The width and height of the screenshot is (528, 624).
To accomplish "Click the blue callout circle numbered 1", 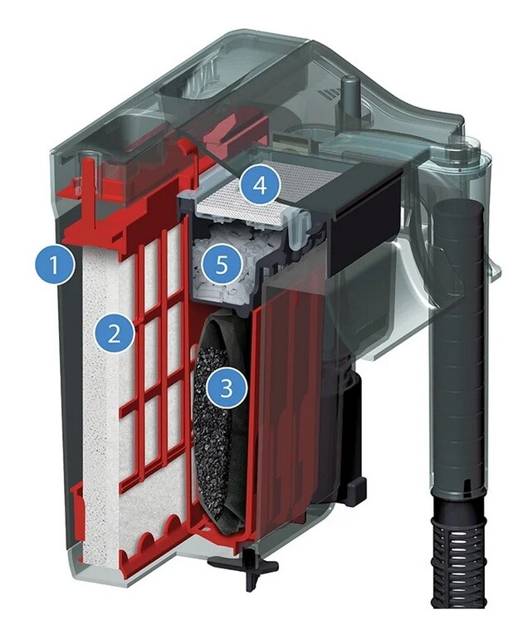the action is (55, 264).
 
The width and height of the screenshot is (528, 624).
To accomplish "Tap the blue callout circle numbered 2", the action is (115, 333).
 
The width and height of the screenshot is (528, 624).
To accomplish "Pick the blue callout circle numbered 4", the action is (260, 185).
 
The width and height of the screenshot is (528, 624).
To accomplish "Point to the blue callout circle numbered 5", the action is (222, 264).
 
